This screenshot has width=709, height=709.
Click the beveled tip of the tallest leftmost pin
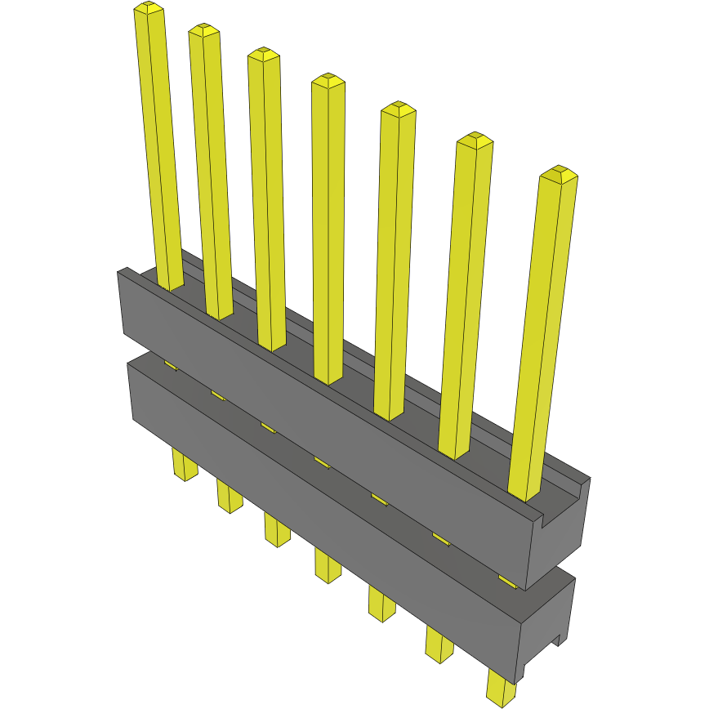click(x=148, y=9)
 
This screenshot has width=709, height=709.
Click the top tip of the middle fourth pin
click(x=327, y=81)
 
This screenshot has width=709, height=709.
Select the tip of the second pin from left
click(x=204, y=30)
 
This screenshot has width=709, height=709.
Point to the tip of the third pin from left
click(x=264, y=55)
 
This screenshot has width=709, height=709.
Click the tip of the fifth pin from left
click(x=399, y=109)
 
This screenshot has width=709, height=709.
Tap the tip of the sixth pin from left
click(x=475, y=140)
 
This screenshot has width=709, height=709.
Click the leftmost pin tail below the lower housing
click(x=185, y=466)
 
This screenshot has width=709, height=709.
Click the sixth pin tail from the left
click(x=439, y=644)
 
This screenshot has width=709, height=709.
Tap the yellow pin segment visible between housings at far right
click(x=507, y=581)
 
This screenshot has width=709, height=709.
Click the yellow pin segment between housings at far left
click(x=170, y=365)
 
